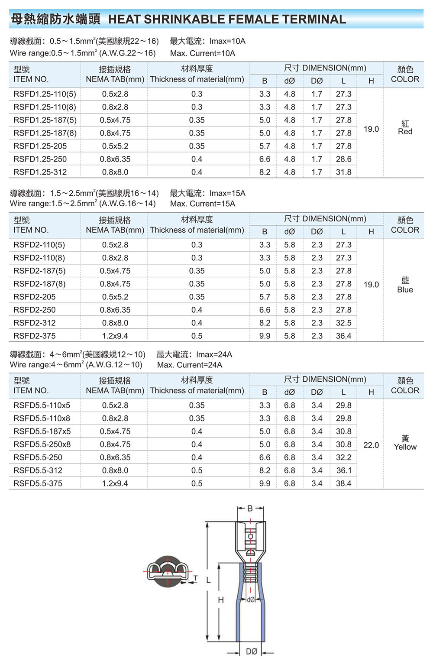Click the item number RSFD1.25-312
tap(40, 172)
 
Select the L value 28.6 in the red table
tap(343, 159)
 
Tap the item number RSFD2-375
tap(34, 336)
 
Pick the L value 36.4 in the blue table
tap(343, 336)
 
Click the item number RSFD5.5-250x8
tap(42, 444)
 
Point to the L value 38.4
tap(343, 483)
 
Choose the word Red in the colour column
tap(405, 132)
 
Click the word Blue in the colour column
tap(405, 290)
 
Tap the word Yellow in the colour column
tap(405, 447)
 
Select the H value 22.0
tap(371, 445)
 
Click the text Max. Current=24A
tap(190, 365)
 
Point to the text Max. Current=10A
tap(203, 53)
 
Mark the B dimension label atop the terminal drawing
tap(250, 509)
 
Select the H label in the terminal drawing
tap(221, 600)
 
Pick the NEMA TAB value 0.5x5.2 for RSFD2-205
tap(115, 297)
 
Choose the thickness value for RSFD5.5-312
tap(197, 470)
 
